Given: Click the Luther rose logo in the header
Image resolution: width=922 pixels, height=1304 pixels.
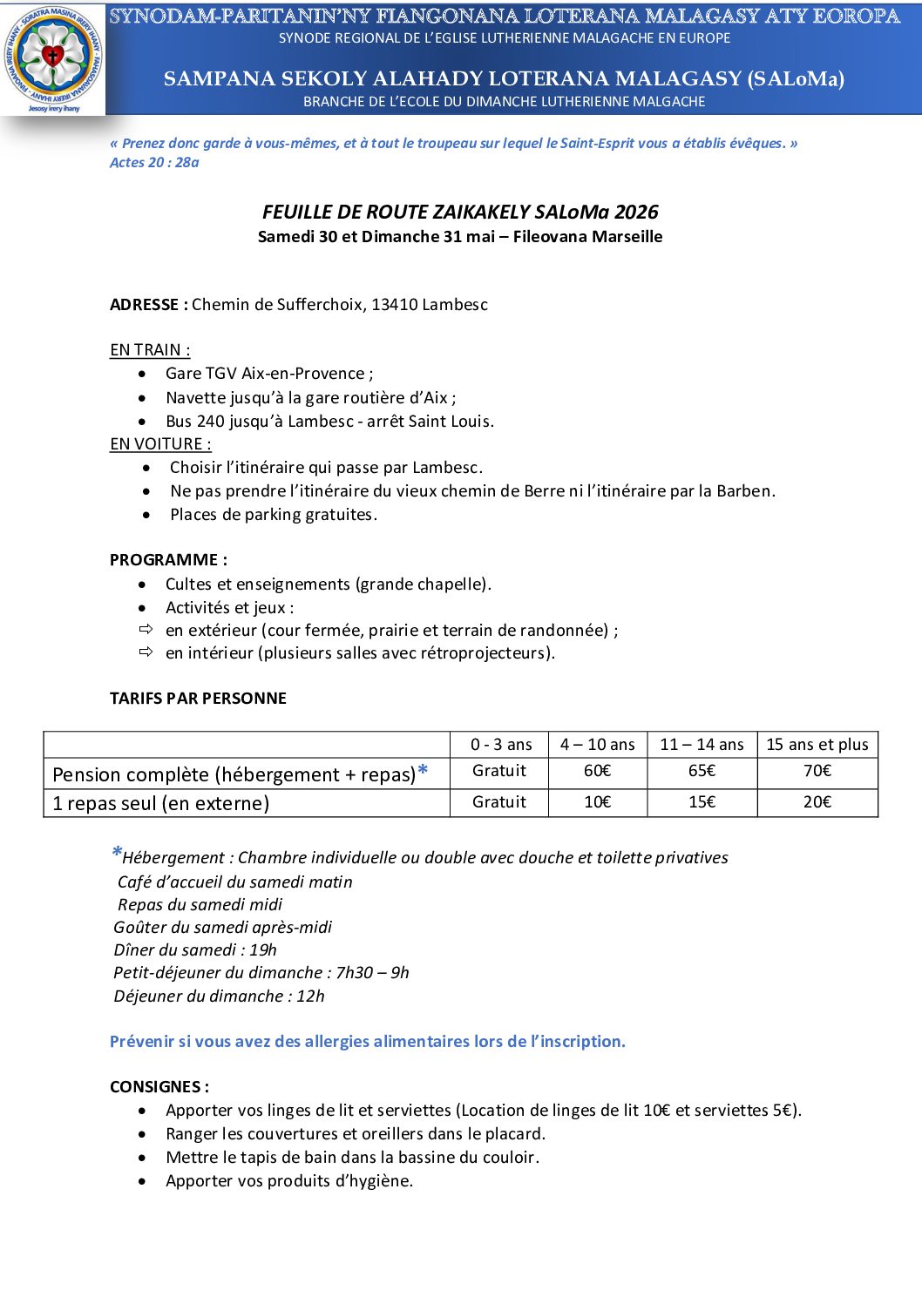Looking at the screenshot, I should pyautogui.click(x=53, y=57).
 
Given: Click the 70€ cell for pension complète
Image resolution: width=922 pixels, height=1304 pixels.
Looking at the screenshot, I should pyautogui.click(x=817, y=771).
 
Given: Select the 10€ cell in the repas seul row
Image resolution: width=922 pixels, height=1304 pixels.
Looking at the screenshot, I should pyautogui.click(x=597, y=802).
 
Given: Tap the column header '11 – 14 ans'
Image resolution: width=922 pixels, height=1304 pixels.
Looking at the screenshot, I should pyautogui.click(x=702, y=745).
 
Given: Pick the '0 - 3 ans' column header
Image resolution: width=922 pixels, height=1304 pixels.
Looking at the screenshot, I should pyautogui.click(x=500, y=745).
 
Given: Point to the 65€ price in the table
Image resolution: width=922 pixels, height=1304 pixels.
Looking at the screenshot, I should pyautogui.click(x=702, y=771).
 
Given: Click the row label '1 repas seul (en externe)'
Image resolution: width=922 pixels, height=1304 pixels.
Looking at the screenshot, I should pyautogui.click(x=160, y=803).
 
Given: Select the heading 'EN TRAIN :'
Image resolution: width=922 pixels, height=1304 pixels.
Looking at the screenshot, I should pyautogui.click(x=150, y=350).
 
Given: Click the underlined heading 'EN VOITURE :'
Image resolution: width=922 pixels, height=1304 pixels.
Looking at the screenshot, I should pyautogui.click(x=160, y=444).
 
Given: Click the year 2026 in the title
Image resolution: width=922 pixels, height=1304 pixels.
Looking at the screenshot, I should pyautogui.click(x=636, y=213).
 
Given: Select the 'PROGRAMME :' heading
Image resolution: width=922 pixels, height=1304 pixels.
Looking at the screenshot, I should pyautogui.click(x=168, y=560).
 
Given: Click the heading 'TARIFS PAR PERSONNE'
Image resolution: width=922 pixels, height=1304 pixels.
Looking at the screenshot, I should pyautogui.click(x=198, y=699).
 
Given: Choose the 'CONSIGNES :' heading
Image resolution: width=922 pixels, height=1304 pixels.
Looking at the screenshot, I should pyautogui.click(x=159, y=1087).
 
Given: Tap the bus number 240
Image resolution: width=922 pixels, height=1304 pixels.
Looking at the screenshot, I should pyautogui.click(x=211, y=422).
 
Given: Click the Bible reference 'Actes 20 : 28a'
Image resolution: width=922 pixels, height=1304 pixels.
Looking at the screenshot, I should pyautogui.click(x=154, y=163).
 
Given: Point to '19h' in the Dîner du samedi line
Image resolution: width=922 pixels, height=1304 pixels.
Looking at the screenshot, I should pyautogui.click(x=263, y=950).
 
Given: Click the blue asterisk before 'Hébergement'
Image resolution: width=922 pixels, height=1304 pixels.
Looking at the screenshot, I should pyautogui.click(x=116, y=854).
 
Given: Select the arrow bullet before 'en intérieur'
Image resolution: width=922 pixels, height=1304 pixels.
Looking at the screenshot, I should pyautogui.click(x=146, y=652).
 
